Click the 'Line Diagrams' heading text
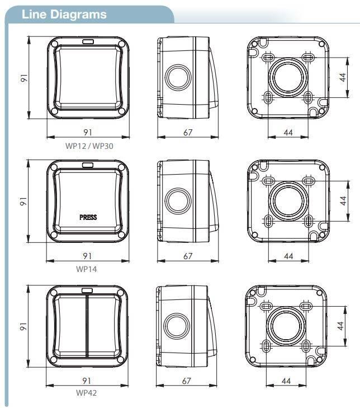tap(64, 15)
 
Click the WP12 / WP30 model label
tap(89, 146)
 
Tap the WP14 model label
tap(87, 269)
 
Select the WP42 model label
tap(86, 393)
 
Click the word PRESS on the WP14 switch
tap(88, 217)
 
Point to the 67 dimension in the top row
tap(188, 133)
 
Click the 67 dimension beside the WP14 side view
tap(188, 256)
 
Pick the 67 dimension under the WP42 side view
tap(186, 381)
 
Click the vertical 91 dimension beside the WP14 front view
tap(23, 201)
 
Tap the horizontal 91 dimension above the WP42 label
tap(87, 381)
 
